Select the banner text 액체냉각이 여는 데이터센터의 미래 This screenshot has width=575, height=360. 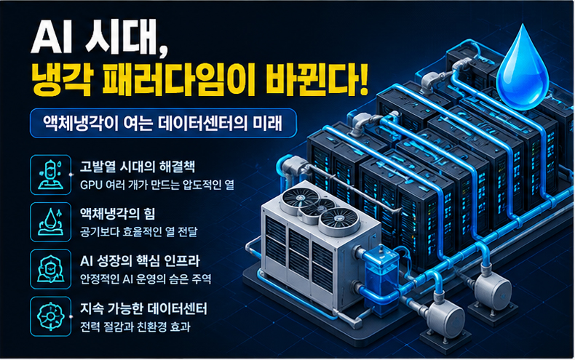coord(163,123)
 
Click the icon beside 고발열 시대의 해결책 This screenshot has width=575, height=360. coord(51,175)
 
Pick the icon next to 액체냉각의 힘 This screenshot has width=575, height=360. coord(51,222)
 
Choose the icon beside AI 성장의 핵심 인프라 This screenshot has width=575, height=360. coord(51,269)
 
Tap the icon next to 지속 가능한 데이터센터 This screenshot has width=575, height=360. coord(51,316)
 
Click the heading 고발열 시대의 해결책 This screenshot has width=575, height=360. coord(138,167)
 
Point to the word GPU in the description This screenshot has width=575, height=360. coord(90,185)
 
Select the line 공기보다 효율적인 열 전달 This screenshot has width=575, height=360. coord(138,232)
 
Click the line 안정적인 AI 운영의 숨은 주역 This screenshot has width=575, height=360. coord(146,279)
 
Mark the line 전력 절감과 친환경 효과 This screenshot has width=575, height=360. coord(135,327)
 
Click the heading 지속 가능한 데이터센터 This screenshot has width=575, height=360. coord(143,309)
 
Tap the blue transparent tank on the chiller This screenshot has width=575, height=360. coord(381,279)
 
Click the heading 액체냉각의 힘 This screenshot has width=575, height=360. coord(117,214)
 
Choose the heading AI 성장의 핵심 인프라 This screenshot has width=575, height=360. coord(140,261)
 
